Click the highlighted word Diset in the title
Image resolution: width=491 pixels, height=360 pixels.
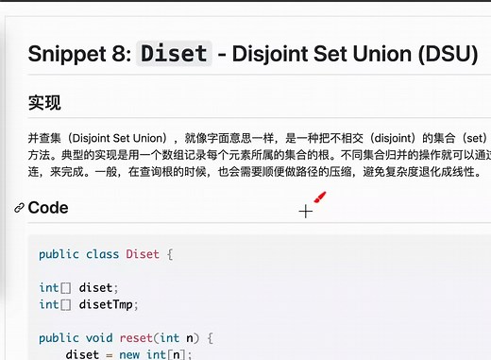tap(174, 53)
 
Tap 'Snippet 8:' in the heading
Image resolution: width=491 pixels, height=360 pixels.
tap(78, 53)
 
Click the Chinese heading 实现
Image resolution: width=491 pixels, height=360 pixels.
tap(45, 102)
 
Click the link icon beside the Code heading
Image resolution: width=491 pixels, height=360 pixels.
tap(19, 208)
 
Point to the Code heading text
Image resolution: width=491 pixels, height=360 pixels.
tap(48, 208)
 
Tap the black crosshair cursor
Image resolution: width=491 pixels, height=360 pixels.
tap(305, 212)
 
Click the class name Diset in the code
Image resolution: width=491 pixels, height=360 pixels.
tap(143, 254)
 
